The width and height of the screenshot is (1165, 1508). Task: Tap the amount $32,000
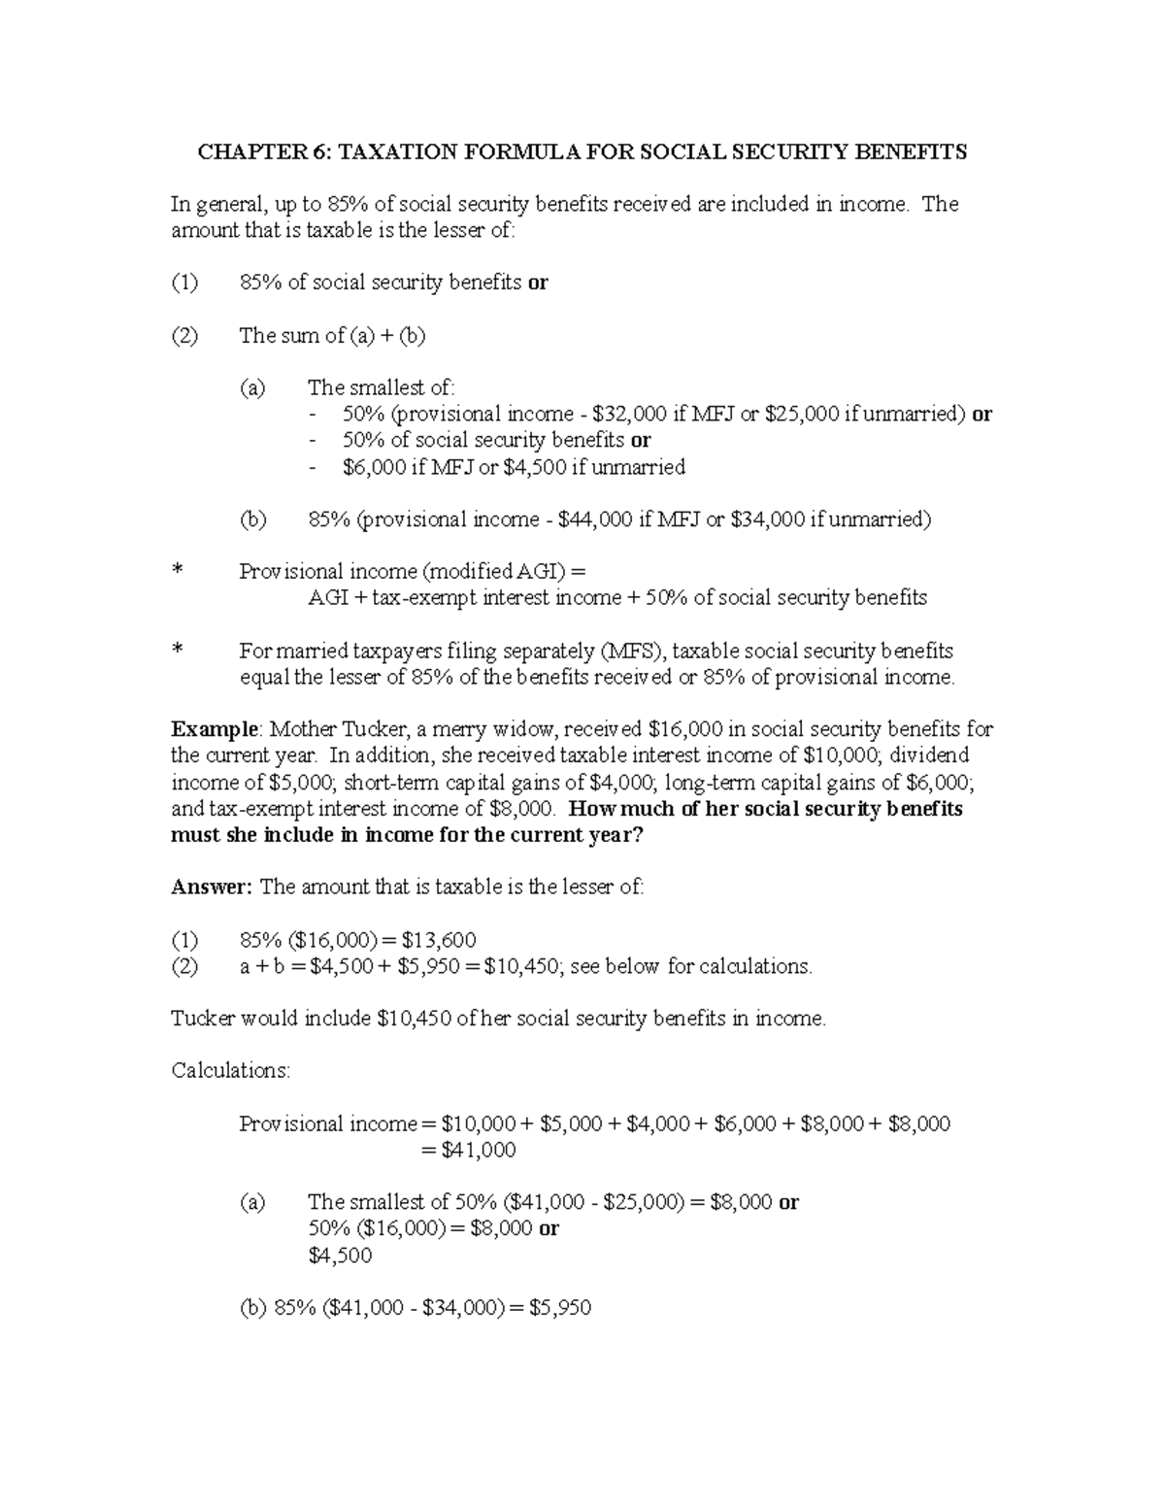click(628, 414)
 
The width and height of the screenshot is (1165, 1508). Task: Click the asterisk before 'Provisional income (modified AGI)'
click(178, 573)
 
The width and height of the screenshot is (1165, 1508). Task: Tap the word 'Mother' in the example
click(304, 729)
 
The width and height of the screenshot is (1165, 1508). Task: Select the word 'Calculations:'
click(230, 1070)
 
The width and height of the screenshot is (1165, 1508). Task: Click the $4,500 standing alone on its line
click(340, 1256)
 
